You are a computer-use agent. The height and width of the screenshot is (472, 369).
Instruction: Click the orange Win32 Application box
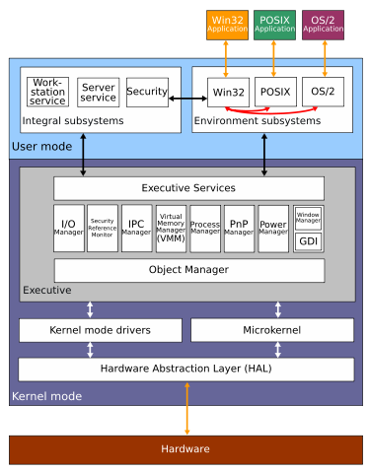pyautogui.click(x=228, y=25)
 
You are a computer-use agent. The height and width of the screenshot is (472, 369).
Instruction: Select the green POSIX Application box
pyautogui.click(x=275, y=25)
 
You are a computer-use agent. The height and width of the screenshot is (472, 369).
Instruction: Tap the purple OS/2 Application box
pyautogui.click(x=323, y=25)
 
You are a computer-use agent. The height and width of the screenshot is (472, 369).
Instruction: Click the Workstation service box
pyautogui.click(x=47, y=92)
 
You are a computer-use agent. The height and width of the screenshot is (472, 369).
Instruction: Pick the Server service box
pyautogui.click(x=99, y=92)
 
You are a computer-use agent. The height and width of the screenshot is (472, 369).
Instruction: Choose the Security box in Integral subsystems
pyautogui.click(x=147, y=92)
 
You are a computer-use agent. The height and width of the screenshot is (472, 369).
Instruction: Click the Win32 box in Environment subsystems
pyautogui.click(x=228, y=92)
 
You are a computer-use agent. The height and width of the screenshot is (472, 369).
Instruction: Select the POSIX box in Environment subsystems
pyautogui.click(x=275, y=92)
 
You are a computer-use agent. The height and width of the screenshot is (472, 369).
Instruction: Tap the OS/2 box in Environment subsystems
pyautogui.click(x=323, y=92)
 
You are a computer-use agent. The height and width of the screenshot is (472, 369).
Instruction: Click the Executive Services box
pyautogui.click(x=188, y=188)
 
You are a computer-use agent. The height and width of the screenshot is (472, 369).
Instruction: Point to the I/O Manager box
pyautogui.click(x=68, y=229)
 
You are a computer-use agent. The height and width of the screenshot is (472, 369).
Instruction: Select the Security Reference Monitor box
pyautogui.click(x=103, y=229)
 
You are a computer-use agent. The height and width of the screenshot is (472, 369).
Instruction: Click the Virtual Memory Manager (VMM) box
pyautogui.click(x=171, y=229)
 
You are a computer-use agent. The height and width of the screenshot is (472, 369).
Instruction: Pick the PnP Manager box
pyautogui.click(x=239, y=229)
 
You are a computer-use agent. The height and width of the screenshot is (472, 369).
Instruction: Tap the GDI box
pyautogui.click(x=308, y=241)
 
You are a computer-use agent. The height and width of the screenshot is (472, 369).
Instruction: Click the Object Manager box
pyautogui.click(x=188, y=270)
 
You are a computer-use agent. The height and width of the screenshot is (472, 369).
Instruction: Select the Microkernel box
pyautogui.click(x=271, y=330)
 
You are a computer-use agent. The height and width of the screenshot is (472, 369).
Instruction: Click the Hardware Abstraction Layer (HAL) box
pyautogui.click(x=186, y=370)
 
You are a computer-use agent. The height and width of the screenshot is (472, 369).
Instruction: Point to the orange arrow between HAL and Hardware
pyautogui.click(x=186, y=408)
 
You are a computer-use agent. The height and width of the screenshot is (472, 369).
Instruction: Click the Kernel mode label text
pyautogui.click(x=46, y=396)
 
